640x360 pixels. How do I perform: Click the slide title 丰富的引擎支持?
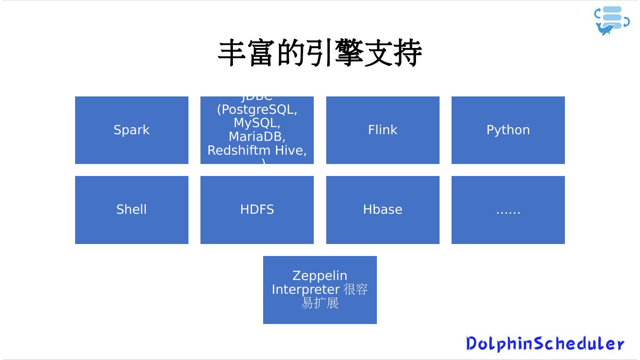[x=320, y=53]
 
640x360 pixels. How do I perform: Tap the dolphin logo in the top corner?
[x=612, y=21]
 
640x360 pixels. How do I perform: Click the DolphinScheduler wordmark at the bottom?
[x=545, y=344]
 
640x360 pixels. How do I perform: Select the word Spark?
[x=132, y=130]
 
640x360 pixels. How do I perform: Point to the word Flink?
[x=383, y=130]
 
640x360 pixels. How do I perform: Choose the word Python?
[x=508, y=130]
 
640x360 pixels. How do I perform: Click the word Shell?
[x=132, y=210]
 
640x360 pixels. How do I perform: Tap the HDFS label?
[x=257, y=210]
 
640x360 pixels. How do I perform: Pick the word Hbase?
[x=383, y=210]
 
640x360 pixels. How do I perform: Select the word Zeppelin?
[x=320, y=276]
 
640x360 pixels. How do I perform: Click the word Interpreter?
[x=306, y=290]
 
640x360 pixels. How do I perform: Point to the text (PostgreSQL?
[x=257, y=110]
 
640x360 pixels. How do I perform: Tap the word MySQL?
[x=257, y=123]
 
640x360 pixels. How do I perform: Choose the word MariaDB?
[x=257, y=136]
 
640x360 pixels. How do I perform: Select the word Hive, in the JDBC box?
[x=292, y=151]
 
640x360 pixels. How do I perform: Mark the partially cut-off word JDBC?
[x=257, y=98]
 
